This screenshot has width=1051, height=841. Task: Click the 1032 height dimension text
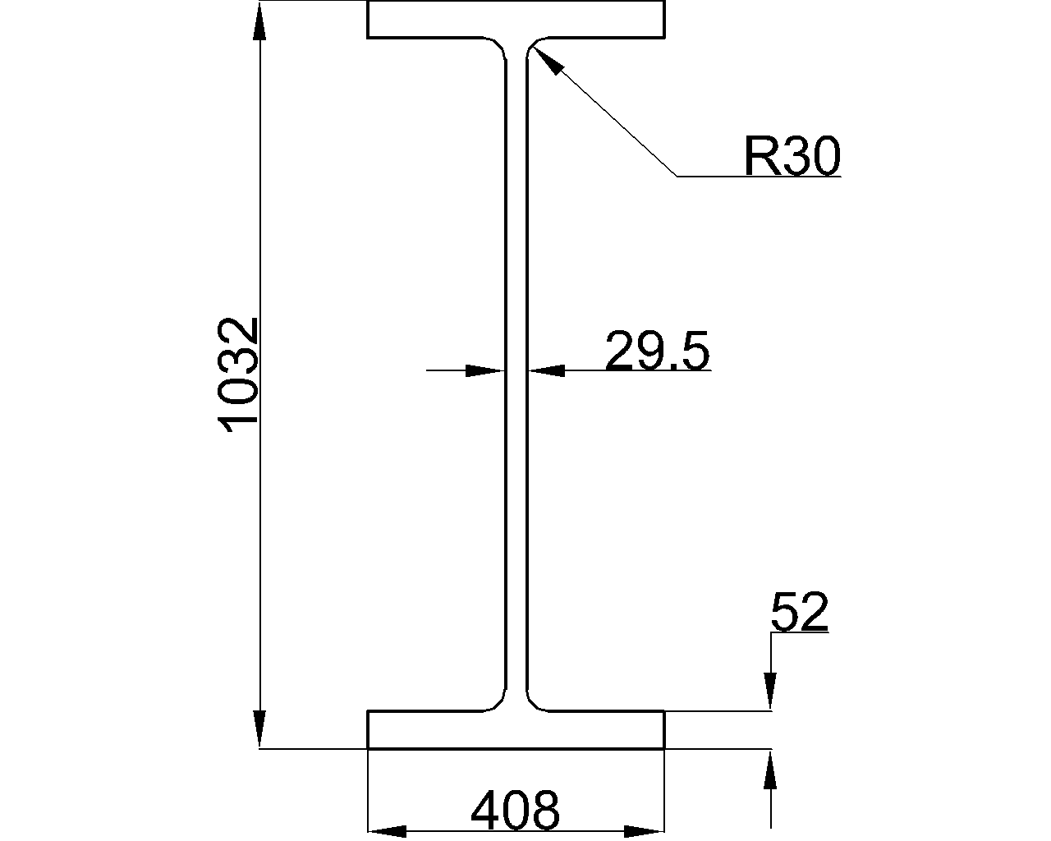point(238,375)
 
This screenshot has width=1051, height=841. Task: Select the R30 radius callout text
point(792,156)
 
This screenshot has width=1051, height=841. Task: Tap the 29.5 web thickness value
point(658,351)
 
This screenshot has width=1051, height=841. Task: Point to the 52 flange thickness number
point(800,612)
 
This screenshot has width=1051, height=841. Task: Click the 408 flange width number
point(515,811)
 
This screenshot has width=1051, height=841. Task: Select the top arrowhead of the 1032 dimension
point(259,21)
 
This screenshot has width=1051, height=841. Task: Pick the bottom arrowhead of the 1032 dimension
point(259,728)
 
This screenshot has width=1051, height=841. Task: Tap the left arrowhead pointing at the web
point(484,371)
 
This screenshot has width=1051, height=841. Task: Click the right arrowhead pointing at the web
point(547,371)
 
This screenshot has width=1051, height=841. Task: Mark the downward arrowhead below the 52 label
point(771,691)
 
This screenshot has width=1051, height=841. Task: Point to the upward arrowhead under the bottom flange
point(771,770)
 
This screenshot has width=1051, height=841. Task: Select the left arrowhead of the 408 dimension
point(388,831)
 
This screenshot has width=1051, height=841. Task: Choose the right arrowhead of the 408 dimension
point(645,831)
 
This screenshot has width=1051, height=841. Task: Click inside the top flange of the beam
point(516,19)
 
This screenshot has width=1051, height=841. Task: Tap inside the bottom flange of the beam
point(516,729)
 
